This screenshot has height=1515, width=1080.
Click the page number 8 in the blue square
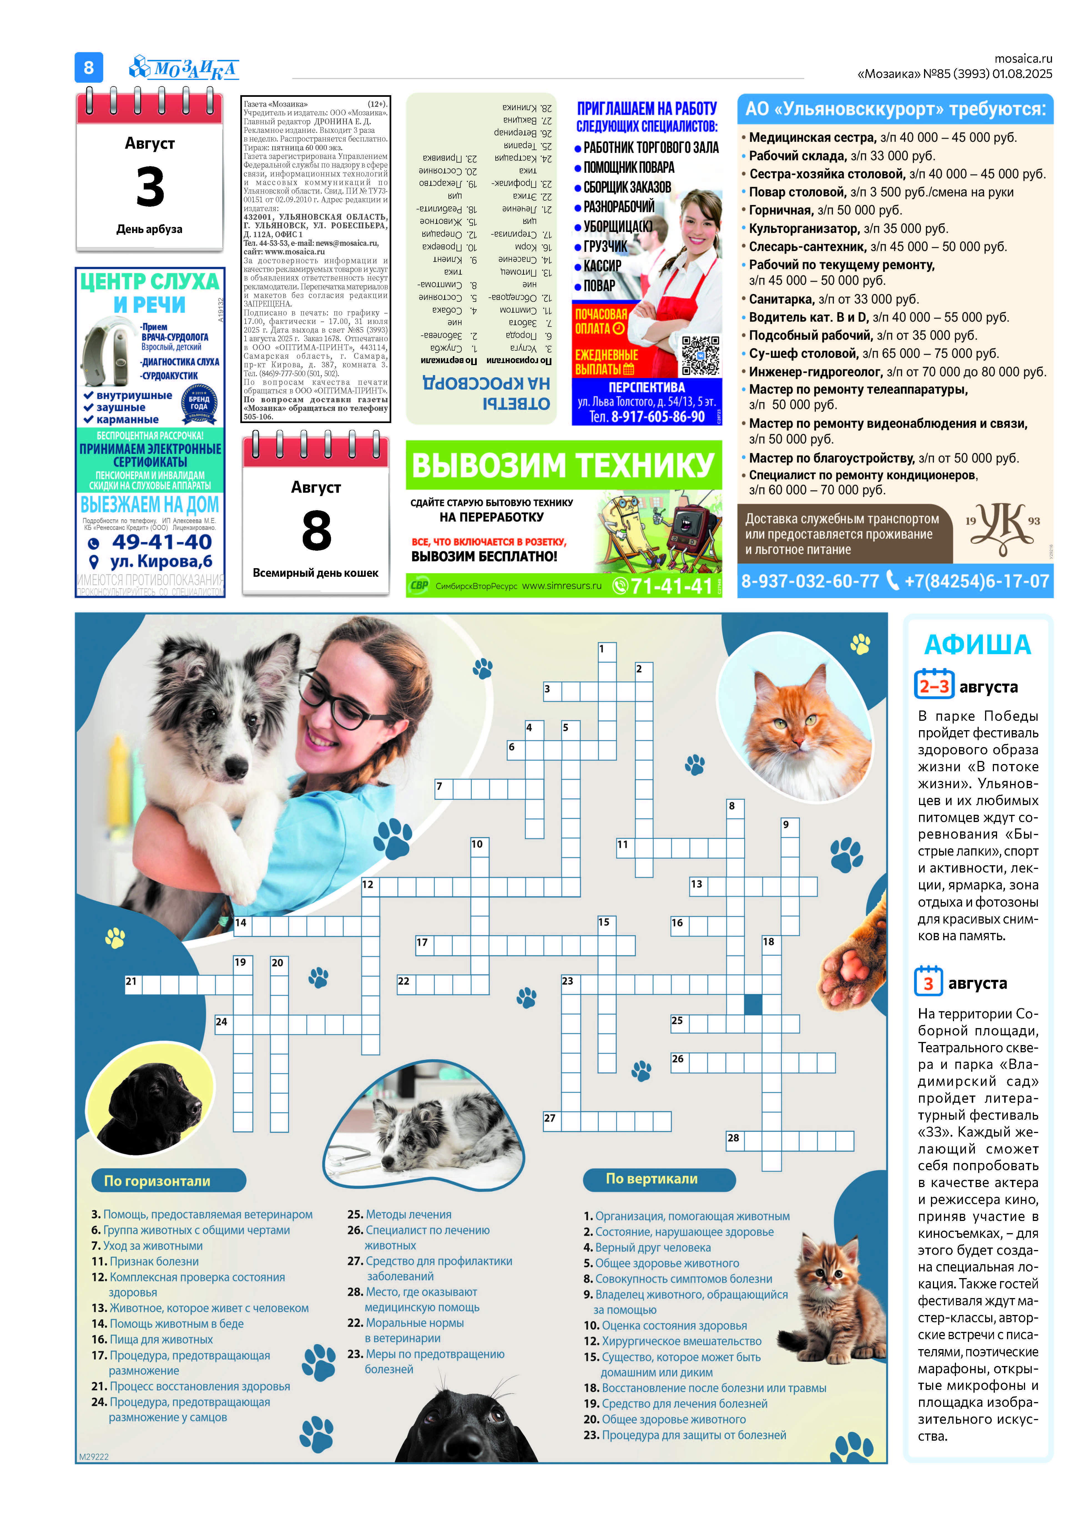89,67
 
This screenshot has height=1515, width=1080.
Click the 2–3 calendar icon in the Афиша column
934,685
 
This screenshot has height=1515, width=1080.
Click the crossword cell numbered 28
735,1141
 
